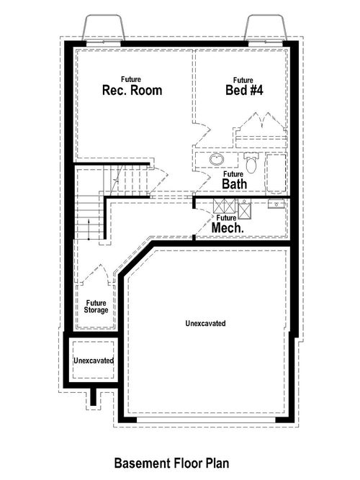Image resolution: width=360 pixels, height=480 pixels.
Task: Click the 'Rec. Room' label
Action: tap(132, 91)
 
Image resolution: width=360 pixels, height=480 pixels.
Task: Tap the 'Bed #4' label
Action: tap(243, 91)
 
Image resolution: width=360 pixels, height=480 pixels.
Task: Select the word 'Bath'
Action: tap(234, 184)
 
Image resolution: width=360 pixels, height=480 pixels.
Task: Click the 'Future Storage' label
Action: tap(96, 307)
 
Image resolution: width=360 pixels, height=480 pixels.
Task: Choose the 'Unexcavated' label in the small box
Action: tap(93, 360)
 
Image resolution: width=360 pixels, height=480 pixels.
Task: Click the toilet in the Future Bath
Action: tap(251, 163)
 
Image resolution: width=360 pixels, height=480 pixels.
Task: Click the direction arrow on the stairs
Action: tap(89, 230)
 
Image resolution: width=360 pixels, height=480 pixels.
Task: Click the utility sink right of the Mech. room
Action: tap(276, 204)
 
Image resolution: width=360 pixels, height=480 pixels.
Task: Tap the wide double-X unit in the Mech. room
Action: tap(220, 206)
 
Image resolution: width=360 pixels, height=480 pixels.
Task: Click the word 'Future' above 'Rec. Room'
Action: tap(131, 79)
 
